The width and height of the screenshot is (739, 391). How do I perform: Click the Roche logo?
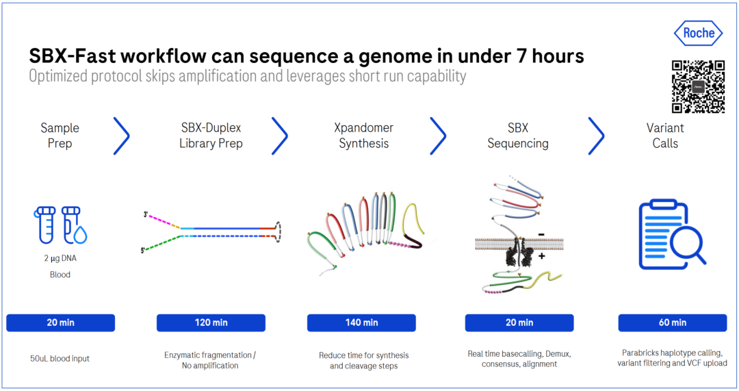tap(699, 33)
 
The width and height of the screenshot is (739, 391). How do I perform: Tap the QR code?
tap(698, 87)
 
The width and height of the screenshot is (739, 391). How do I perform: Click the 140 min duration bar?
tap(361, 323)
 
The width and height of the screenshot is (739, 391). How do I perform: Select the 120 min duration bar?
tap(211, 323)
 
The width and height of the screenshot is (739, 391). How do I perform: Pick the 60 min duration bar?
tap(673, 323)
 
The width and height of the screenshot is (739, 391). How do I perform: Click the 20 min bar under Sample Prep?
tap(60, 323)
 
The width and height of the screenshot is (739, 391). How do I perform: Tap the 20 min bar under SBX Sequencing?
tap(519, 323)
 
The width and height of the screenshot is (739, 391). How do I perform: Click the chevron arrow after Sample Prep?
tap(121, 136)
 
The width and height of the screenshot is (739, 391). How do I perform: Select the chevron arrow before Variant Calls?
tap(596, 136)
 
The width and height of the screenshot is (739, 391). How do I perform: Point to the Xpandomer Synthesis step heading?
tap(363, 136)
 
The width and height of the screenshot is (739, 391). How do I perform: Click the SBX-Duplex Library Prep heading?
tap(211, 136)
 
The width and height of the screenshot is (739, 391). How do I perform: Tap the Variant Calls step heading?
tap(665, 136)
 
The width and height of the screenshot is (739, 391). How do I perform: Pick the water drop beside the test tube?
tap(80, 236)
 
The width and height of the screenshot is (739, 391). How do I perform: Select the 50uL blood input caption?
tap(60, 358)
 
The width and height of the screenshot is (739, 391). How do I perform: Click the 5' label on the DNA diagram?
tap(142, 251)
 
